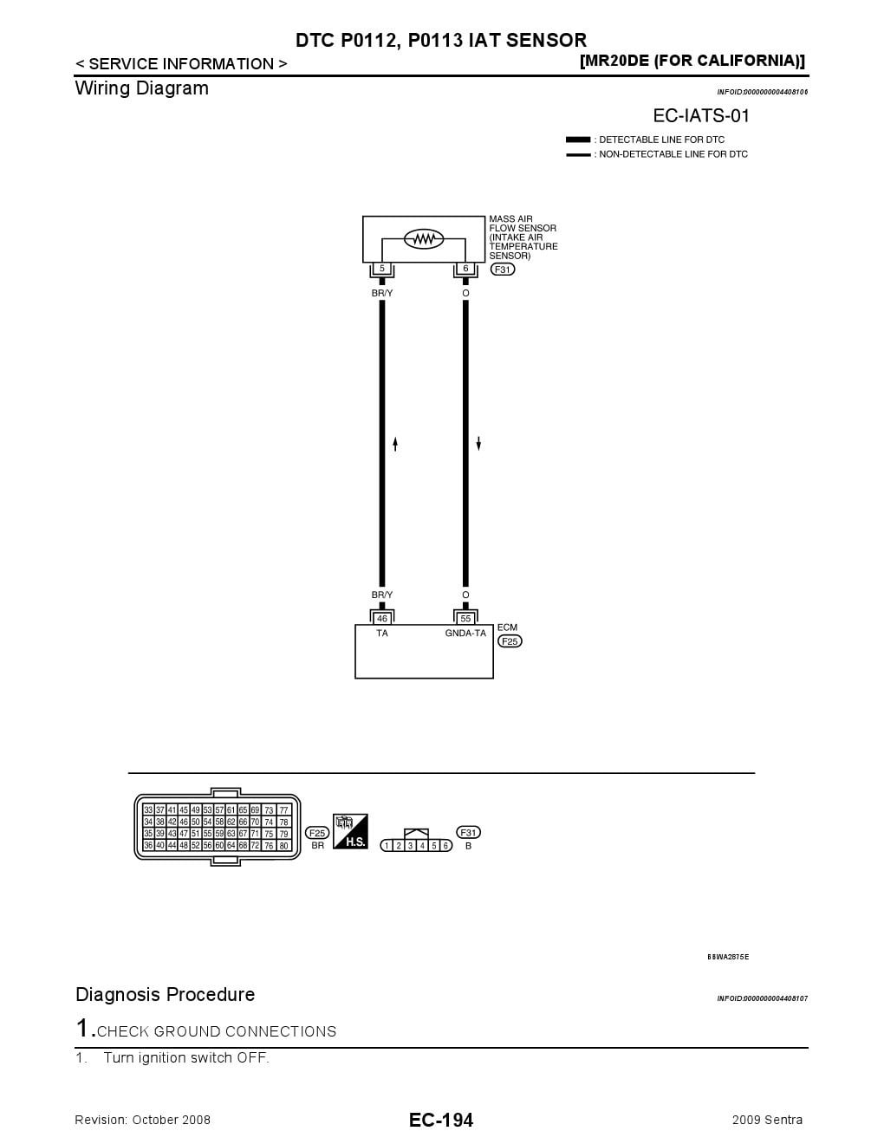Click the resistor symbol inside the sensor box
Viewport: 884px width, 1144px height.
pos(424,238)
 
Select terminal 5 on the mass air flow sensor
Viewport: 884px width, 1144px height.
pos(381,269)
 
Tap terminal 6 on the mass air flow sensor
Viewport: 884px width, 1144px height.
pos(465,269)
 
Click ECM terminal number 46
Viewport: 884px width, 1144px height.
pos(382,619)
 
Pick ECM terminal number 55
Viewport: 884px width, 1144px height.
pos(465,619)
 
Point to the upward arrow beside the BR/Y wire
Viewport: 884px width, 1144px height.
pos(395,444)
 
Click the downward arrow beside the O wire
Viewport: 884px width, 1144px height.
pos(478,444)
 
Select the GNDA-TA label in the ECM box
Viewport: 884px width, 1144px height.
pos(465,634)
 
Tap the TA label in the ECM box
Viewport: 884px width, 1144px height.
pos(382,634)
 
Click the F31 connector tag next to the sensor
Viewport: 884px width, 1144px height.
pos(503,270)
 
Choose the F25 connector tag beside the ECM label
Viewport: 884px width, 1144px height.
pos(510,641)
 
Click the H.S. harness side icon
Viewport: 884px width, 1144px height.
pos(351,831)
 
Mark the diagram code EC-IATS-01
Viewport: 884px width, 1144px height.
pos(701,116)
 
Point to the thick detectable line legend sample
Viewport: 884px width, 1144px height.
pos(578,140)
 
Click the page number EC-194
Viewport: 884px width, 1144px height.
pos(441,1120)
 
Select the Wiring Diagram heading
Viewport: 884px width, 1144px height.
pos(142,88)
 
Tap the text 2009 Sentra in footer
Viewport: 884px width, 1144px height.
pos(767,1120)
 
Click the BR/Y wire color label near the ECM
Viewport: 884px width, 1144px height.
pos(382,595)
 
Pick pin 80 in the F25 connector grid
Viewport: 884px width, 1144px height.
pos(283,846)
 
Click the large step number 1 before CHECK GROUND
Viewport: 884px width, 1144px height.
pos(83,1029)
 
